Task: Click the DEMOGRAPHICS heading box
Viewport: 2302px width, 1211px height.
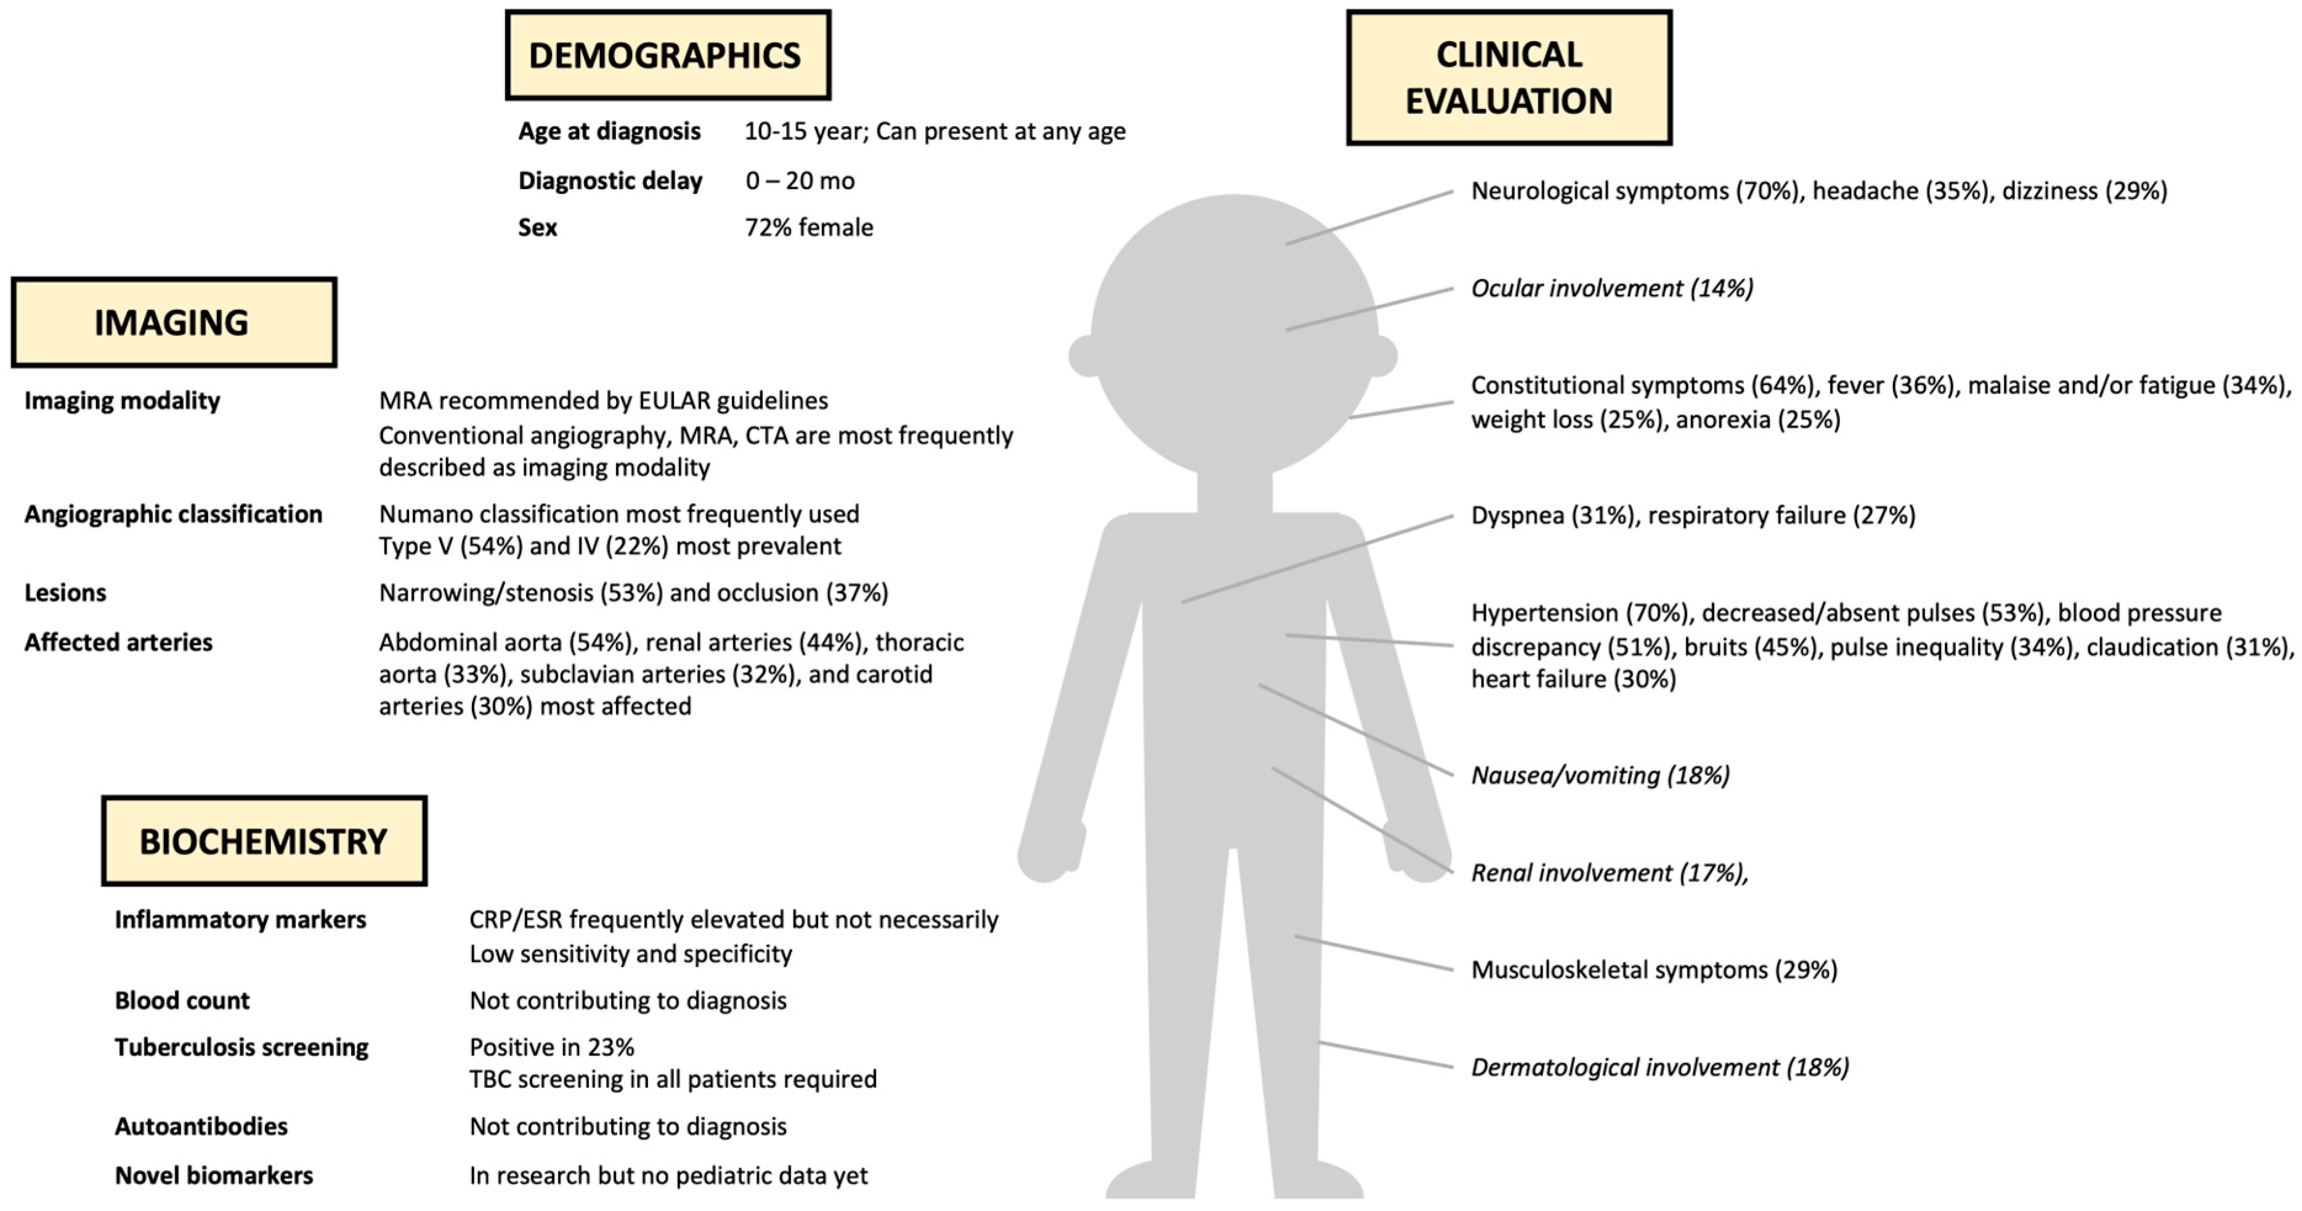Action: (668, 55)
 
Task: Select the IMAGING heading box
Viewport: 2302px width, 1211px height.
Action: (173, 323)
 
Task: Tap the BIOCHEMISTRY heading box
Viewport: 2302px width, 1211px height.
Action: (264, 841)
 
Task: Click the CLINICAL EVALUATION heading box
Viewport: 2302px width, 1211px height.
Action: (1509, 78)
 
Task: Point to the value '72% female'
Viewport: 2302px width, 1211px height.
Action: (809, 228)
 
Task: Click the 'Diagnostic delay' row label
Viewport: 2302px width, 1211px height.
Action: (610, 182)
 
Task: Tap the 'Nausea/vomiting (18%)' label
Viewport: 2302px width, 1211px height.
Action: (1600, 775)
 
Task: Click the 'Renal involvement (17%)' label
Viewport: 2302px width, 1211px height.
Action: (1608, 873)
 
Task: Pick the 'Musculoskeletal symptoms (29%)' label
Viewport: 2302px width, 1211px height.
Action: (1654, 970)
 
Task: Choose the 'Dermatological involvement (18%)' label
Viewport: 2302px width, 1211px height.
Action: (1660, 1067)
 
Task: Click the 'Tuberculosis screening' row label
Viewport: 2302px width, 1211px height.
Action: (241, 1047)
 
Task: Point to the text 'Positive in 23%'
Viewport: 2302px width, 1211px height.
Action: (551, 1047)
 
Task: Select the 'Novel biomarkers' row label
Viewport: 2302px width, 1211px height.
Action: (214, 1176)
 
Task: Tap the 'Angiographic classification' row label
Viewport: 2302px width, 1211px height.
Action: (173, 515)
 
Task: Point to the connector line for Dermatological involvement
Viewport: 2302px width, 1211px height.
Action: (1385, 1055)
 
